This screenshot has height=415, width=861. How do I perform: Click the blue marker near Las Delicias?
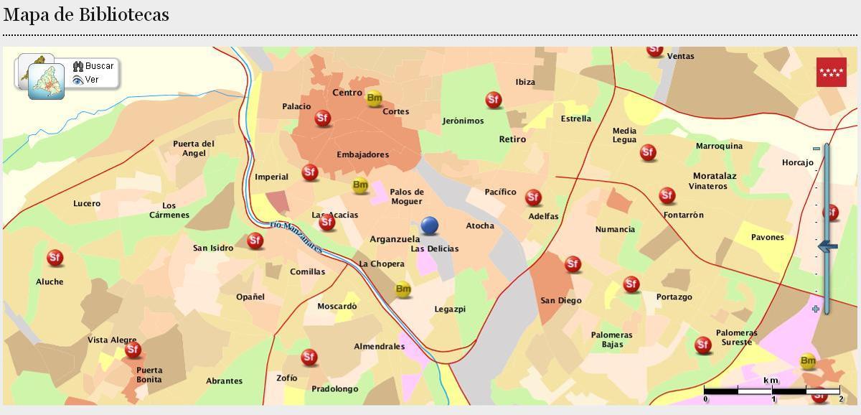coord(430,225)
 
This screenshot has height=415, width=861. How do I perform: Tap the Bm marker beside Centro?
coord(374,98)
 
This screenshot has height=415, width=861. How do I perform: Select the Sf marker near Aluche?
coord(55,258)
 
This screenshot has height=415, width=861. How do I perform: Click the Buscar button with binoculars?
coord(93,66)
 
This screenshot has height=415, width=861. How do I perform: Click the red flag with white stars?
coord(831,72)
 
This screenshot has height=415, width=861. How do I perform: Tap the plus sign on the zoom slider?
coord(816,309)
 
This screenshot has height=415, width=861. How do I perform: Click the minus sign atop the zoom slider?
coord(816,149)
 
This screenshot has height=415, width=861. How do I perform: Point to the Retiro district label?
coord(512,139)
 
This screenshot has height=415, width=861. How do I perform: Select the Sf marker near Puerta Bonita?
coord(133,350)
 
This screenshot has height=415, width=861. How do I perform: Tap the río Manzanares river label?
coord(296,237)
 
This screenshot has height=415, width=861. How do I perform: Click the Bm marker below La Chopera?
coord(403,290)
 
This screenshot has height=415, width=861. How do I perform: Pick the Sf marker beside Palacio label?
coord(323,118)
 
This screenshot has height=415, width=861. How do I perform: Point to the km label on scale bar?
coord(771,380)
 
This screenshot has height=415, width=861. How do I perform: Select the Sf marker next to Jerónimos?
coord(494,100)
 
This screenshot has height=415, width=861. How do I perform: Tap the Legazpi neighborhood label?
coord(450,309)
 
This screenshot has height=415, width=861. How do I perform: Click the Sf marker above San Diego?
coord(573,264)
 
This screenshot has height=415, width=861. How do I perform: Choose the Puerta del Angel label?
coord(194,148)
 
